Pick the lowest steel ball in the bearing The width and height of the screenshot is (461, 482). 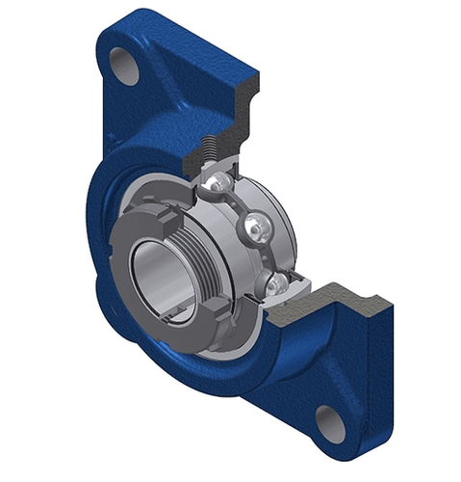(278, 281)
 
